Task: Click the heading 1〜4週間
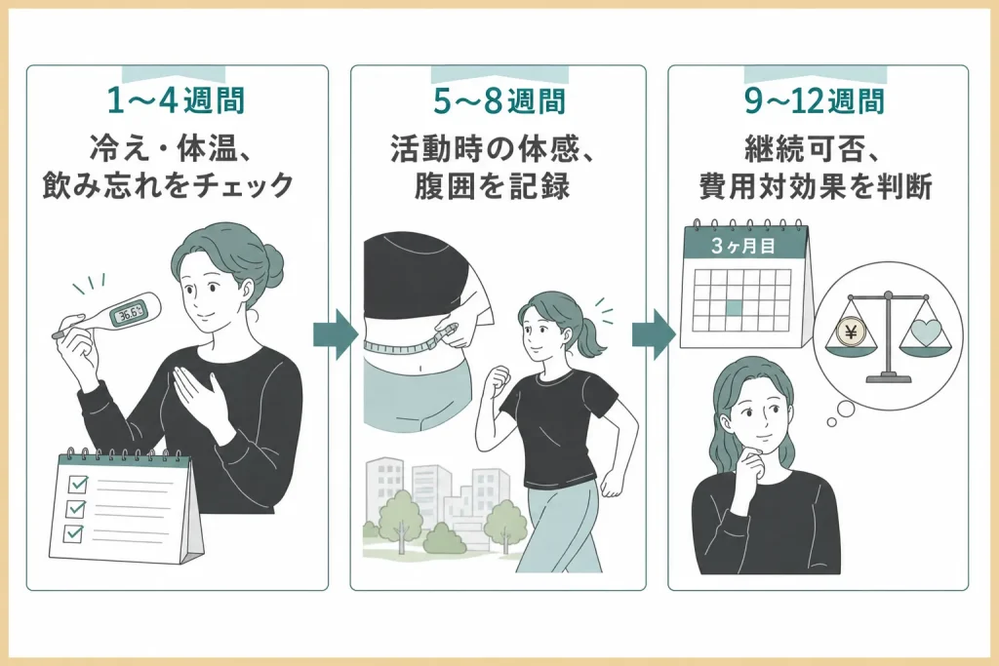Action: [176, 100]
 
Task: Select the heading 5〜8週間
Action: [499, 100]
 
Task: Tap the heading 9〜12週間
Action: [815, 100]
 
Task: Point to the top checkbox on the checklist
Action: [78, 485]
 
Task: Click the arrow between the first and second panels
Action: [336, 334]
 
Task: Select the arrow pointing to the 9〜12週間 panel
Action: [653, 334]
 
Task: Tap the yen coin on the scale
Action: [850, 332]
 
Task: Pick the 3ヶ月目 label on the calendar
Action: [742, 246]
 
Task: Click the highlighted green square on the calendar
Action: [735, 308]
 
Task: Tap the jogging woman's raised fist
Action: [498, 380]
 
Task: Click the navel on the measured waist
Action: [421, 368]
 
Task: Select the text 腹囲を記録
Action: [493, 187]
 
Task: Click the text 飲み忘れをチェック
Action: [168, 186]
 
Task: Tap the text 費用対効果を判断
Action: [816, 186]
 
